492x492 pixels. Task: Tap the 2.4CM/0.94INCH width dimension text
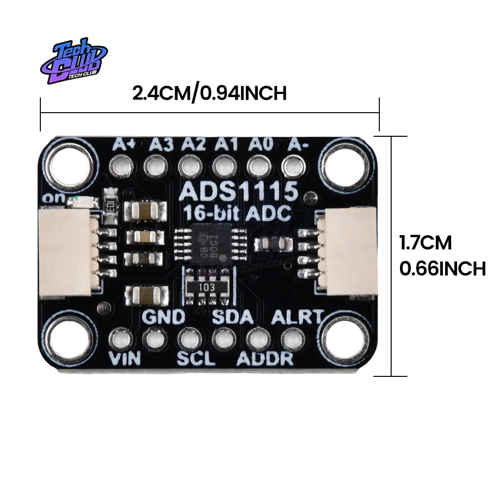[x=209, y=93]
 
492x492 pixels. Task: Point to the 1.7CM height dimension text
[x=425, y=243]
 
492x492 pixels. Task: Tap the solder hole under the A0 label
[x=258, y=166]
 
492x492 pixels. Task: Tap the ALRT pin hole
[x=291, y=338]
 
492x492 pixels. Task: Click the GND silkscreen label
[x=164, y=316]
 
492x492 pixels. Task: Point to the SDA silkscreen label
[x=233, y=316]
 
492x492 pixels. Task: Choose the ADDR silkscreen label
[x=265, y=359]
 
